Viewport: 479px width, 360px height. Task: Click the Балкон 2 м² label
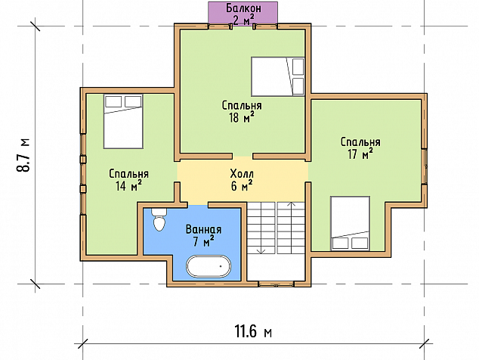click(x=243, y=14)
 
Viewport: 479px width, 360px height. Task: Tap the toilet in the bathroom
click(x=159, y=219)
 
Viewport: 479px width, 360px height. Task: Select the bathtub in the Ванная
click(x=209, y=266)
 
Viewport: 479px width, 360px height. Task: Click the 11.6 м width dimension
click(x=253, y=331)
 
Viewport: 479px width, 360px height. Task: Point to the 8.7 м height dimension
click(x=23, y=155)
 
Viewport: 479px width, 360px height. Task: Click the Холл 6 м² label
click(x=242, y=180)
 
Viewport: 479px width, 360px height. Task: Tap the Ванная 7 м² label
click(x=203, y=235)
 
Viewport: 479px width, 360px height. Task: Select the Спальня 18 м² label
click(x=242, y=112)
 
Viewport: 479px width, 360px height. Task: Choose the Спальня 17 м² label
click(x=360, y=148)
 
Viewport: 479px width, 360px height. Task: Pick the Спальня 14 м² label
click(x=128, y=180)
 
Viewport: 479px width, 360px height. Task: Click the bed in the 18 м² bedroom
click(x=278, y=76)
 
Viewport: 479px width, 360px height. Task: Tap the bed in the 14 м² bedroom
click(x=123, y=122)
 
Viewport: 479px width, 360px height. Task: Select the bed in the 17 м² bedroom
click(x=350, y=224)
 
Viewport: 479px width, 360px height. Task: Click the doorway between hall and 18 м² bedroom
click(x=243, y=157)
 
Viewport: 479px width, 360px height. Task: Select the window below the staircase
click(x=277, y=284)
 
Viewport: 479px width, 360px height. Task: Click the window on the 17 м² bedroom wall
click(x=424, y=166)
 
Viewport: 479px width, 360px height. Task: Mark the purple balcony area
click(x=243, y=12)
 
